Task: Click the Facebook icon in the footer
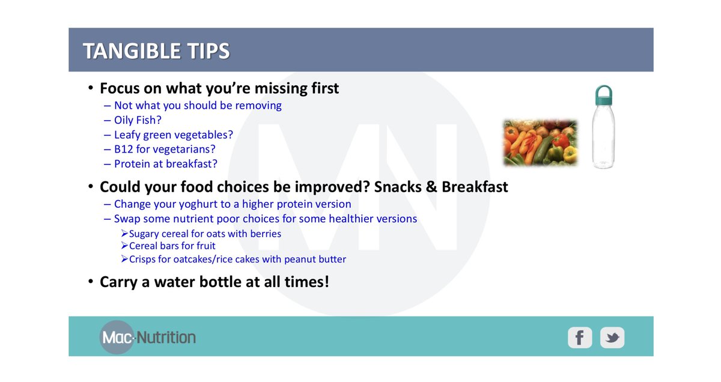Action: coord(580,338)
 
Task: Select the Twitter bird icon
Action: coord(612,338)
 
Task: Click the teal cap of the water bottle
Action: coord(603,95)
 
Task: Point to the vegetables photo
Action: coord(541,142)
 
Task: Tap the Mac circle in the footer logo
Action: coord(117,338)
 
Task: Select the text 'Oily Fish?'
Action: coord(138,120)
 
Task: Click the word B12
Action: coord(124,149)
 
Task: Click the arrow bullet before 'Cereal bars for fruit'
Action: coord(124,246)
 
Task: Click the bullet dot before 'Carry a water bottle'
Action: coord(91,282)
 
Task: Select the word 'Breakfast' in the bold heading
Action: coord(475,187)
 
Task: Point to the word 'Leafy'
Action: coord(127,135)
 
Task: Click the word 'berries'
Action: coord(266,234)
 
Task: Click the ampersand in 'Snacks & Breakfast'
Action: coord(431,187)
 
